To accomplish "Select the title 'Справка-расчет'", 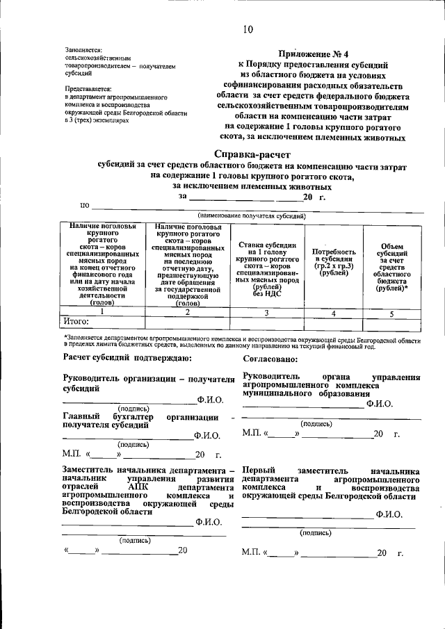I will point(250,154).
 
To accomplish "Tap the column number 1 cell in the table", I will point(102,313).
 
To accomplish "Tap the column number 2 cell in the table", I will point(187,313).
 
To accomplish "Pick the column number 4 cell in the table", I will point(334,313).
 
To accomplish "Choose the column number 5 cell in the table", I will point(391,313).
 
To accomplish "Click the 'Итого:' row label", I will point(76,322).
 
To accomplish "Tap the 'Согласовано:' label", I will point(271,359).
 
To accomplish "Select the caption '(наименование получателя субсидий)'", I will point(252,217).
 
